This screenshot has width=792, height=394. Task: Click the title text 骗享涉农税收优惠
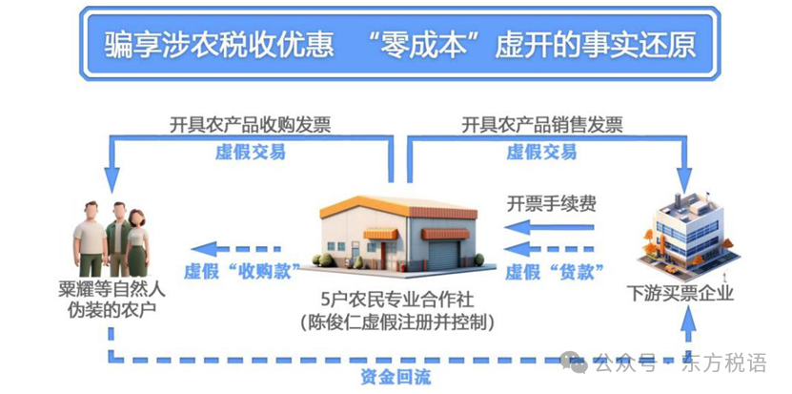[x=219, y=45]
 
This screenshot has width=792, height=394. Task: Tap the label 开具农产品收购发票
[x=250, y=125]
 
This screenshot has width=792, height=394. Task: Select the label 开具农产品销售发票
[x=542, y=125]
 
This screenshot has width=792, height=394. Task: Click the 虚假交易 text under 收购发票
[x=250, y=152]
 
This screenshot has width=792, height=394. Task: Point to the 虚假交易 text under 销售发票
[x=541, y=152]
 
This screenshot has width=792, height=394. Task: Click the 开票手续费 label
[x=552, y=203]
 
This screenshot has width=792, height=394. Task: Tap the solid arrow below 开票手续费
[x=549, y=227]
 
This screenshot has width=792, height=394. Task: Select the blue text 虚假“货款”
[x=555, y=272]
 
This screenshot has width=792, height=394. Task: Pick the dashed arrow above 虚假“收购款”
[x=235, y=249]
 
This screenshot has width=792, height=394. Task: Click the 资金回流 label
[x=396, y=378]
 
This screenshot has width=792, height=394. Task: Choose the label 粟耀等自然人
[x=112, y=291]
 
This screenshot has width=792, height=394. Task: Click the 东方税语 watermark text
[x=724, y=363]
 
